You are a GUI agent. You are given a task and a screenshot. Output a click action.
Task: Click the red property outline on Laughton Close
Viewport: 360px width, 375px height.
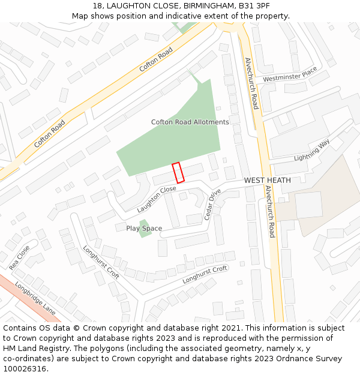(178, 173)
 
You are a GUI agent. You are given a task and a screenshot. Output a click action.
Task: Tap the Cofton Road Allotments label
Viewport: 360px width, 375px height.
(190, 122)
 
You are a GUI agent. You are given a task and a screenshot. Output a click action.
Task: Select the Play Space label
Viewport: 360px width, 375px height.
(144, 229)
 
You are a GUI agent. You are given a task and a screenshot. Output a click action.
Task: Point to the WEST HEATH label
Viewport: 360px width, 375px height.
(267, 180)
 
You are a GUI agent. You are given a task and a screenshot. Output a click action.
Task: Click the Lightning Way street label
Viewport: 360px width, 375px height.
(312, 151)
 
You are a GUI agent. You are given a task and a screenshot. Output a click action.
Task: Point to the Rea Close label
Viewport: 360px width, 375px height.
(19, 257)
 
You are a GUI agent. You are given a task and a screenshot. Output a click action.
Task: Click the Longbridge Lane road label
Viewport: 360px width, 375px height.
(35, 298)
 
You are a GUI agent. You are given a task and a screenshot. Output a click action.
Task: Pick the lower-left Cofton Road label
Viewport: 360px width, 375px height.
(50, 134)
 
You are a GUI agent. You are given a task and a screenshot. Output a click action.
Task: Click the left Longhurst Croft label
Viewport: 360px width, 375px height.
(101, 262)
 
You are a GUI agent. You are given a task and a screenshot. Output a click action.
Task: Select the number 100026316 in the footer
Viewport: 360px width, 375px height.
(25, 368)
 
